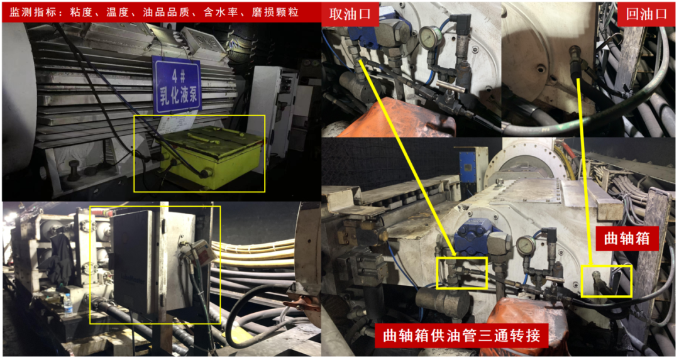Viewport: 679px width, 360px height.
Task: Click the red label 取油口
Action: click(350, 14)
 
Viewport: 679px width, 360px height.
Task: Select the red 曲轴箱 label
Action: click(627, 238)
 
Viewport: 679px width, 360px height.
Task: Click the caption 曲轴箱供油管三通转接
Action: click(461, 335)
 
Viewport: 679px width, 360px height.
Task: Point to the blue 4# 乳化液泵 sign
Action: click(177, 85)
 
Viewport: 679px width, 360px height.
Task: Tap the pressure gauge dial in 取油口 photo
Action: click(429, 37)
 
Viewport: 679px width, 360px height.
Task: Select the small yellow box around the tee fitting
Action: click(461, 273)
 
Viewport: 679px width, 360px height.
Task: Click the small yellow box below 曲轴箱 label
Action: click(606, 281)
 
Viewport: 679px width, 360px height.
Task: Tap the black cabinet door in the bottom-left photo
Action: click(132, 261)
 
